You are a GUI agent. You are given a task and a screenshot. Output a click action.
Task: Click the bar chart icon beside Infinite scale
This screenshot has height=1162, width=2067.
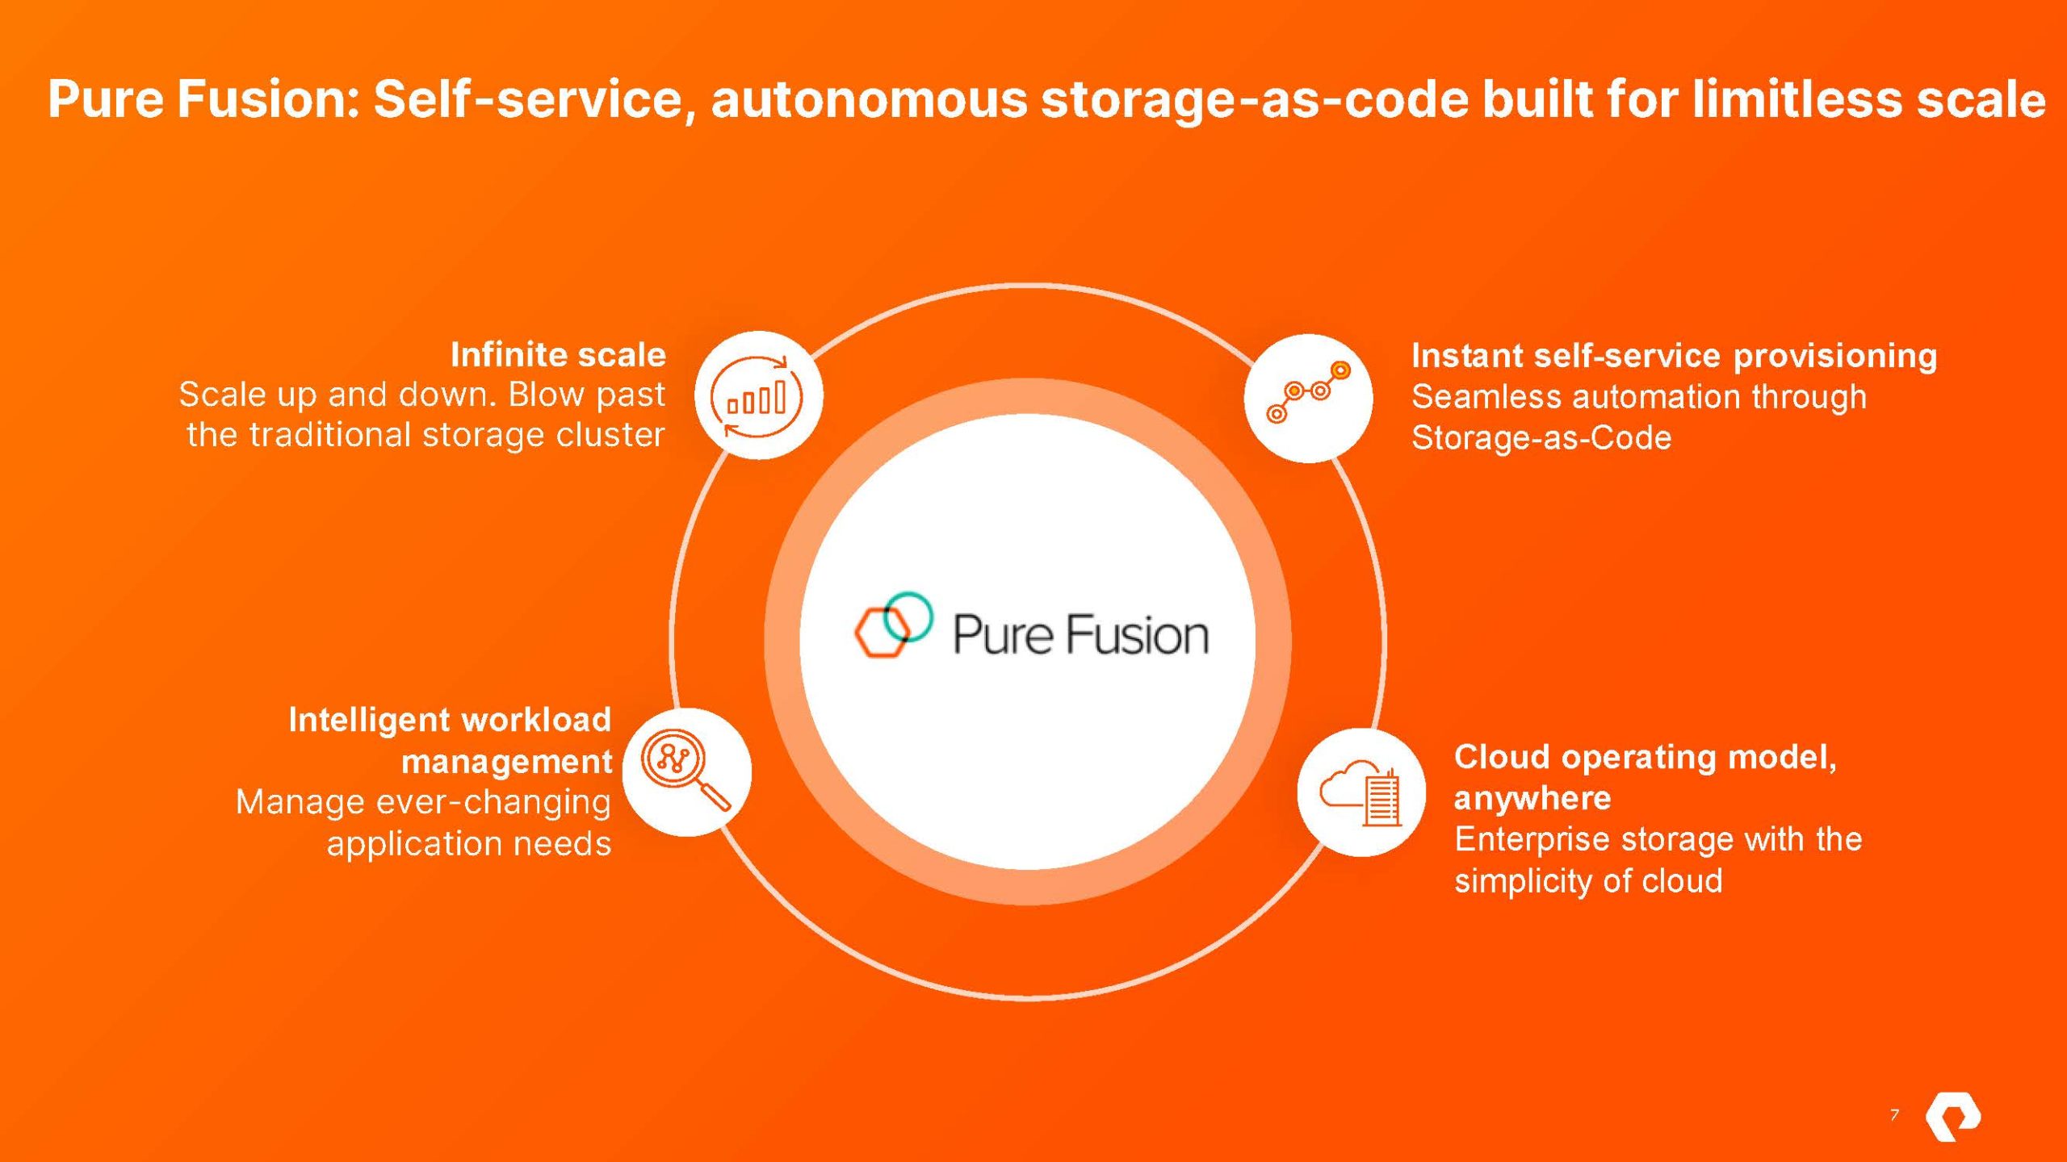pyautogui.click(x=757, y=396)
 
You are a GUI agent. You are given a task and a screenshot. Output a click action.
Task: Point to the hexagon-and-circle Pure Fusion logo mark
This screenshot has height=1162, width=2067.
pyautogui.click(x=893, y=625)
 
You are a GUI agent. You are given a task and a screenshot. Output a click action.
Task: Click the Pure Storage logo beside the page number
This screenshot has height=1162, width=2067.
pyautogui.click(x=1952, y=1118)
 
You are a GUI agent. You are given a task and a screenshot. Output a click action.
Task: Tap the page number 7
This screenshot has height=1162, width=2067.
pyautogui.click(x=1894, y=1115)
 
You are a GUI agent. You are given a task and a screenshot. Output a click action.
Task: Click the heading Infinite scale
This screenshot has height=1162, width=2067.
pyautogui.click(x=558, y=355)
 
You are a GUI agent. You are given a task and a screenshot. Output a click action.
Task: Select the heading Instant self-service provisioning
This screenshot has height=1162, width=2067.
pyautogui.click(x=1674, y=356)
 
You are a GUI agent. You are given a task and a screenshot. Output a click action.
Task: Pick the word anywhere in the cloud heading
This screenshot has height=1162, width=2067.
pyautogui.click(x=1532, y=798)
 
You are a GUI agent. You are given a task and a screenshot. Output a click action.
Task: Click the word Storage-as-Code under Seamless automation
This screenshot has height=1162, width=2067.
pyautogui.click(x=1541, y=437)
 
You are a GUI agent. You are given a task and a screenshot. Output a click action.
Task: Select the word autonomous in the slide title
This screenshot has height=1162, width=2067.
pyautogui.click(x=869, y=98)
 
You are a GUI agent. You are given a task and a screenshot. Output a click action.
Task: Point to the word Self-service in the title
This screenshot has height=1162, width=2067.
pyautogui.click(x=529, y=98)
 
